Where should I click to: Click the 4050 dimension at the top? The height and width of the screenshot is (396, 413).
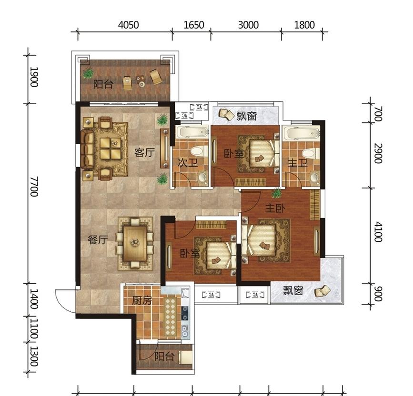point(128,25)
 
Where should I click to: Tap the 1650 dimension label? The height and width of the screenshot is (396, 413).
point(194,25)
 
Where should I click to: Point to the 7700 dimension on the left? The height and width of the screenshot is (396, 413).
point(34,187)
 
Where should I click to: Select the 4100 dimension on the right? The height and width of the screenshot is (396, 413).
point(378,232)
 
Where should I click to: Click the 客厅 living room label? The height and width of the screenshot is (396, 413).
point(144,153)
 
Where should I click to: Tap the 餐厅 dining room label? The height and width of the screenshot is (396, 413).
point(98,239)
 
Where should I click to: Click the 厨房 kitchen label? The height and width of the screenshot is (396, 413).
point(142,300)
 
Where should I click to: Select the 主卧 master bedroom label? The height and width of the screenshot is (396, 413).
point(275,208)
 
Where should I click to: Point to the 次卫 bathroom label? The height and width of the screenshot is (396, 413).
point(188,163)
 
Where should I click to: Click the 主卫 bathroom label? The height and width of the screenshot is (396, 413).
point(298,163)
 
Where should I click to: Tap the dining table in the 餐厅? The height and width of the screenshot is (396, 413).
point(135,243)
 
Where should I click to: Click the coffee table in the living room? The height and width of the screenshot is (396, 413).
point(111,148)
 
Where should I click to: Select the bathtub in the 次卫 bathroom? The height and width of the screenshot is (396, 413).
point(192,132)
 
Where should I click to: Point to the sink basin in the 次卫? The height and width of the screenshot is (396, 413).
point(202,177)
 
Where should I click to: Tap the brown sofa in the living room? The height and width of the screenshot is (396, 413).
point(87,149)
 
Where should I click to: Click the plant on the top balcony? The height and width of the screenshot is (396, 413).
point(88,73)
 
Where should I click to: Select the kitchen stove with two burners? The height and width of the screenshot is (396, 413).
point(185,313)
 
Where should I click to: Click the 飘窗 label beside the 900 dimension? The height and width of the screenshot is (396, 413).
point(293,291)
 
